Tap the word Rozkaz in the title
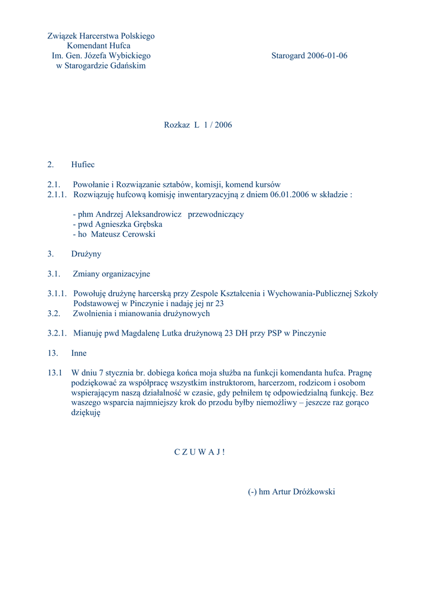tap(177, 125)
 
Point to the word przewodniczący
tap(216, 214)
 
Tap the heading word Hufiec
tap(83, 164)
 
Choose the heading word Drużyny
tap(86, 254)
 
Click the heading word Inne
tap(79, 353)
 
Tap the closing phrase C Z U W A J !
tap(200, 452)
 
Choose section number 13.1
tap(55, 373)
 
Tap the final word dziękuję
tap(86, 414)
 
